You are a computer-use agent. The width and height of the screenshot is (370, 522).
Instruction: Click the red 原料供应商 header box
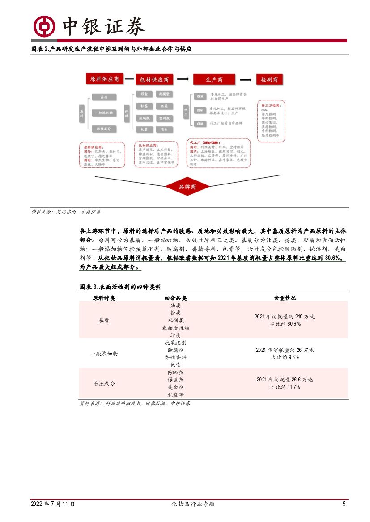(x=104, y=79)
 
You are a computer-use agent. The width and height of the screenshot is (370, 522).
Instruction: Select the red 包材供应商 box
(x=153, y=79)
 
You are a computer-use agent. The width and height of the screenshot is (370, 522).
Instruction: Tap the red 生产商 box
(x=214, y=79)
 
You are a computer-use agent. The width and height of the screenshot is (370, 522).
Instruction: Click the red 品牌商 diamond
(x=187, y=187)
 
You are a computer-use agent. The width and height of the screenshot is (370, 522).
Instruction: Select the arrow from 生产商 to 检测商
(x=245, y=79)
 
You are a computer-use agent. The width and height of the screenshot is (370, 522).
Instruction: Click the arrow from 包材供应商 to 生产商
(x=182, y=79)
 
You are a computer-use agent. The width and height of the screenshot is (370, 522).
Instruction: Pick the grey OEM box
(x=200, y=96)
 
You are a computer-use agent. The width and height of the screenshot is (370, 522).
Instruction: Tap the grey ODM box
(x=200, y=110)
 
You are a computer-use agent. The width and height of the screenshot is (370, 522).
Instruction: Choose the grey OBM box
(x=200, y=123)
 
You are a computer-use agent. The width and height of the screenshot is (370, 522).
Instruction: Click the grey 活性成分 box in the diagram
(x=104, y=129)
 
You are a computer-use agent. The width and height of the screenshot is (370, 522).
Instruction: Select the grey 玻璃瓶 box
(x=144, y=118)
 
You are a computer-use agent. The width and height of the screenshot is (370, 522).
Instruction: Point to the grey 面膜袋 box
(x=164, y=94)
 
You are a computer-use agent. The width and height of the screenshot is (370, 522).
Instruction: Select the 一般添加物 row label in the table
(x=104, y=353)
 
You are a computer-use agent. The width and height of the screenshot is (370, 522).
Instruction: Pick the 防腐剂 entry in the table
(x=175, y=350)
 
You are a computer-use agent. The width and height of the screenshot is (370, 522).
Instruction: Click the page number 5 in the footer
(x=344, y=504)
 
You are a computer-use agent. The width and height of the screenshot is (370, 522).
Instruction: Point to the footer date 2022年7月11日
(x=53, y=504)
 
